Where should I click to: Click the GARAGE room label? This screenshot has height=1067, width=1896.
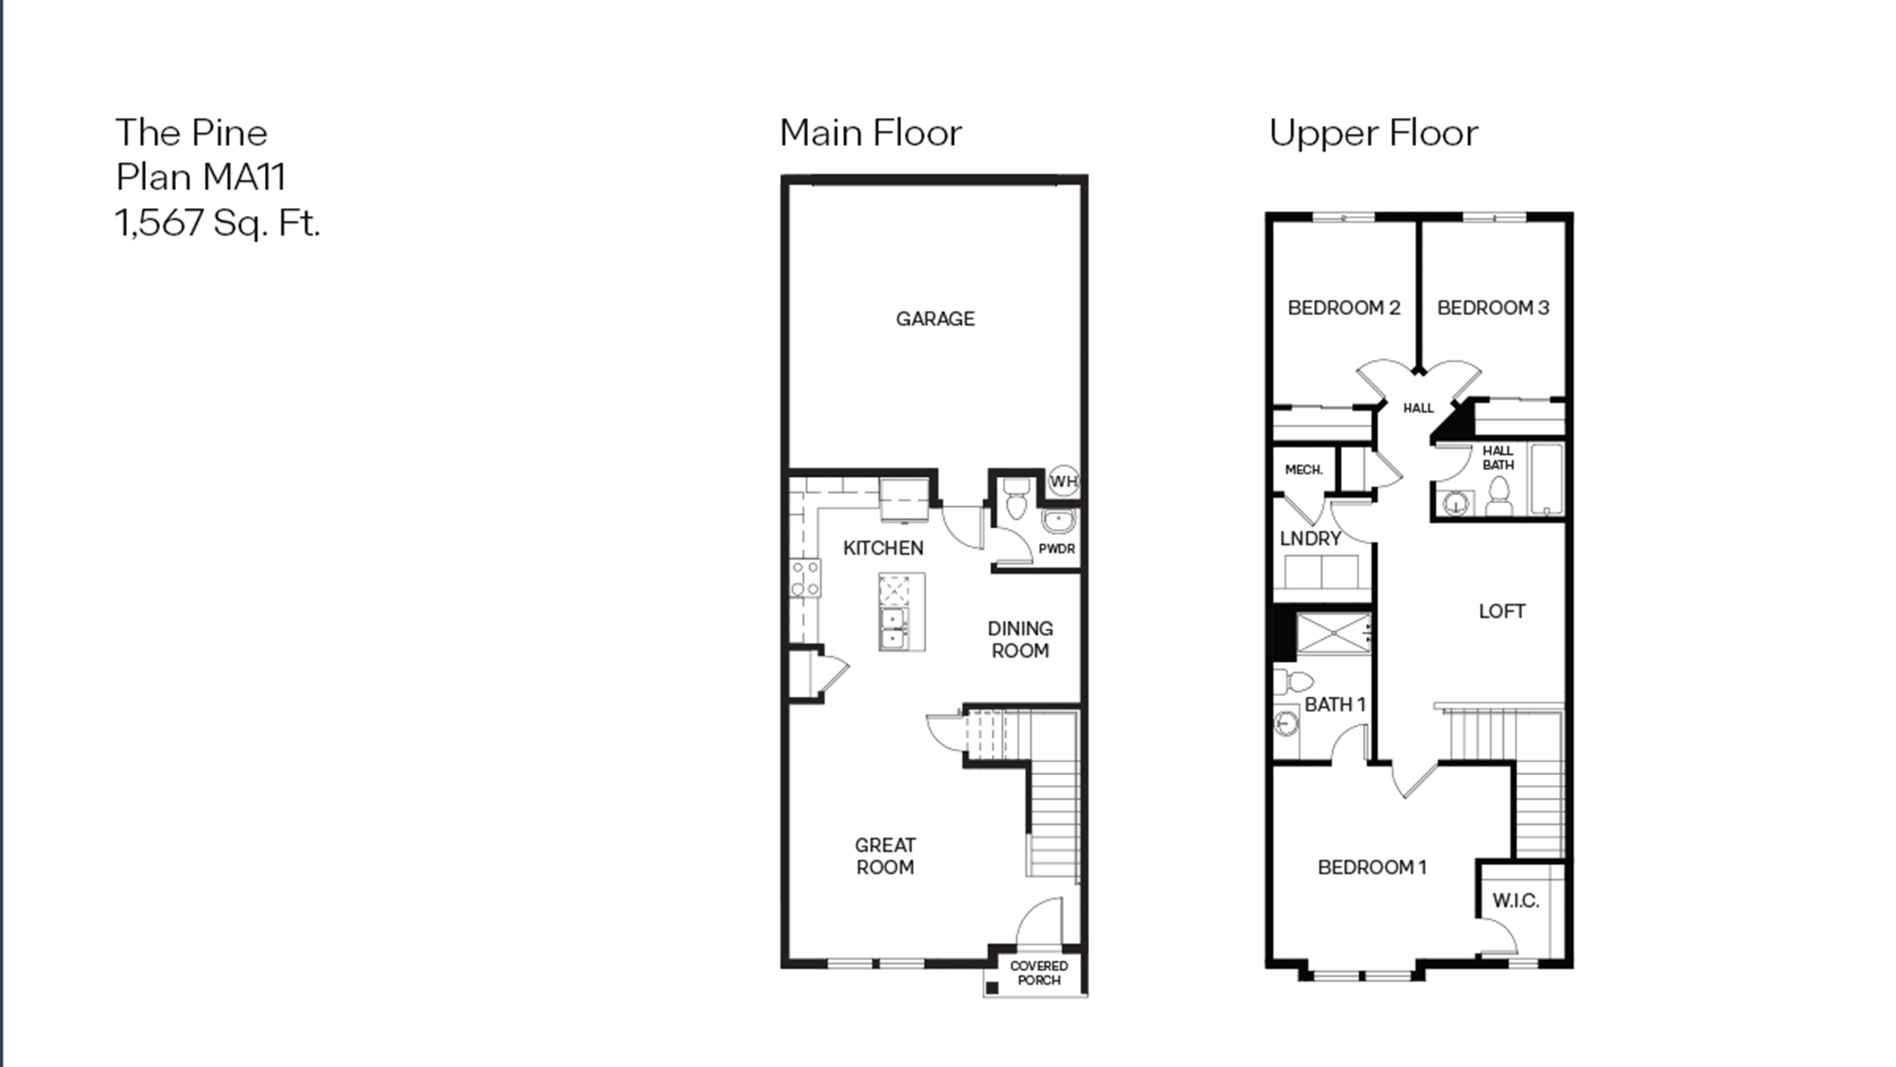tap(935, 319)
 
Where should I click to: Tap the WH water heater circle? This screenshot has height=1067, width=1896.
tap(1063, 482)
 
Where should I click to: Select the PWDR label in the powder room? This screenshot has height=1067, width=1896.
tap(1056, 549)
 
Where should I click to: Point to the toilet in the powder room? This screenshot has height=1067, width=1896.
tap(1016, 498)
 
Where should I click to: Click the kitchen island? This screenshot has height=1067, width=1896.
tap(902, 612)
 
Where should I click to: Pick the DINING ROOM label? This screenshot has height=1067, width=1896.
tap(1020, 639)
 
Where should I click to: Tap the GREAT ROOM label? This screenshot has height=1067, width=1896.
tap(885, 856)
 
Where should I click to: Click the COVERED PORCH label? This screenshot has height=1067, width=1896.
tap(1038, 973)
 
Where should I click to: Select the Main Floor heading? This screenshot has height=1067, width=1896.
tap(871, 133)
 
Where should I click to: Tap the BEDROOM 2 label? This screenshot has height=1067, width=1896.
tap(1344, 308)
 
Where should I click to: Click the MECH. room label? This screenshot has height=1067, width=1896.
tap(1303, 470)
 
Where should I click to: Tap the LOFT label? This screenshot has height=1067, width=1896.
tap(1501, 611)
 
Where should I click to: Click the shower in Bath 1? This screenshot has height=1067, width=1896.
tap(1333, 633)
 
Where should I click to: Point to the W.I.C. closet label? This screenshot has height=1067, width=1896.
tap(1516, 901)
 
